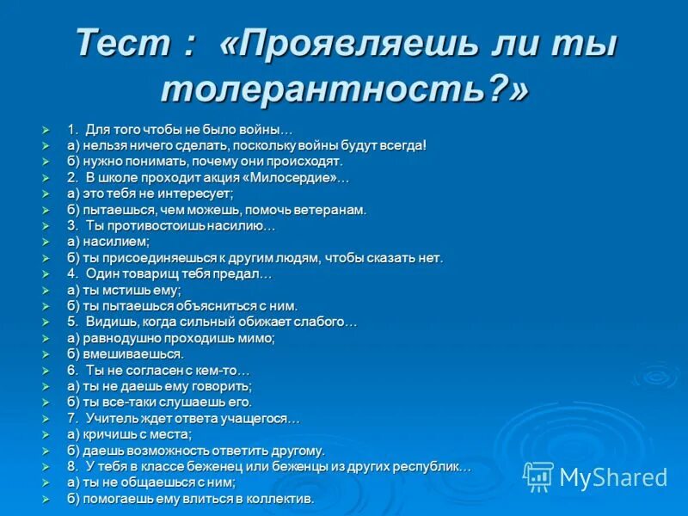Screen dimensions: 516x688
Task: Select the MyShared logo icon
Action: point(538,476)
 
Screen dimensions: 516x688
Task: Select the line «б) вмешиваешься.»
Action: point(125,353)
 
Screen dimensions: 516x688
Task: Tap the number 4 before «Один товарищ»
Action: point(72,273)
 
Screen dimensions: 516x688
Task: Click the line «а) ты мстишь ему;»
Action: point(124,290)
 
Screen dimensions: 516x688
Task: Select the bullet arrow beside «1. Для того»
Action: point(48,129)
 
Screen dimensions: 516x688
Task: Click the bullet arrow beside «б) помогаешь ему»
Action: point(48,498)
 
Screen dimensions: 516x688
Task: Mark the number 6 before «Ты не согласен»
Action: point(72,370)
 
